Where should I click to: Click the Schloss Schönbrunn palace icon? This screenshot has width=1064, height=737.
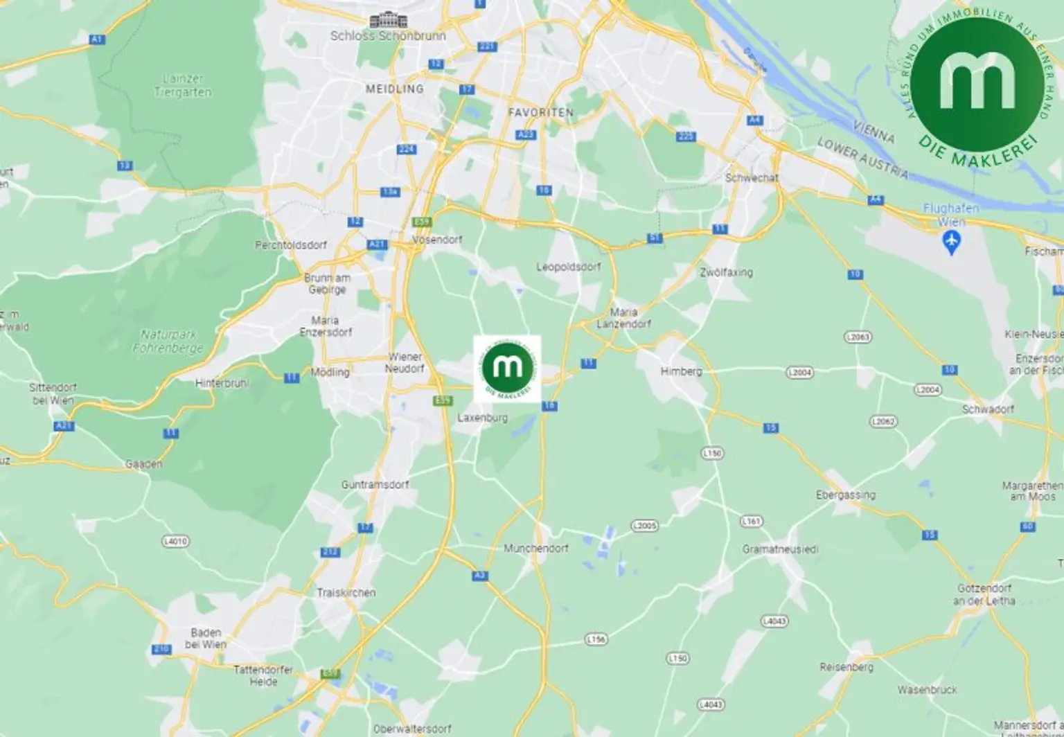click(x=389, y=20)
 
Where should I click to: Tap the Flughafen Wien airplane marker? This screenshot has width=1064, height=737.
click(x=952, y=242)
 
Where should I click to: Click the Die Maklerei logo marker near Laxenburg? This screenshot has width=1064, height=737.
click(x=507, y=368)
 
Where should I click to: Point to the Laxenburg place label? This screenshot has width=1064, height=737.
click(x=483, y=418)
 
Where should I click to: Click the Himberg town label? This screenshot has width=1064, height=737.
click(x=681, y=371)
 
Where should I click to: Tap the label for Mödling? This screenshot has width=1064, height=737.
click(x=330, y=372)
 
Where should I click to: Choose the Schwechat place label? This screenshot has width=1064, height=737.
click(x=752, y=177)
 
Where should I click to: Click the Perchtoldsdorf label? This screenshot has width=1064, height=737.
click(x=291, y=245)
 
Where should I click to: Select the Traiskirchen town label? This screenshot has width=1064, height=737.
click(x=346, y=592)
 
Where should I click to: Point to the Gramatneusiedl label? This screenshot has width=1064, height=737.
click(x=780, y=549)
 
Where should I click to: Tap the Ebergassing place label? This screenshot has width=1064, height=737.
click(x=845, y=495)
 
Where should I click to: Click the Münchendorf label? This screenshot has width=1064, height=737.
click(x=535, y=548)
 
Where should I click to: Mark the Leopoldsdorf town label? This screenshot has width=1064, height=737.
click(x=568, y=267)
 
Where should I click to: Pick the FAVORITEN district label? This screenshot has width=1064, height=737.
click(x=540, y=112)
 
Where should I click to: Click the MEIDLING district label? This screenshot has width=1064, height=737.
click(x=394, y=89)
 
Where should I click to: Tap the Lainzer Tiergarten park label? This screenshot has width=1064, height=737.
click(x=182, y=85)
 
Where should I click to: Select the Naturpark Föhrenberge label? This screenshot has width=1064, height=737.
click(x=168, y=341)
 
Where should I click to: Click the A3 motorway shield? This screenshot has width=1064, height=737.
click(x=480, y=576)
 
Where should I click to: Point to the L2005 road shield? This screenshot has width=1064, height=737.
click(x=644, y=526)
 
